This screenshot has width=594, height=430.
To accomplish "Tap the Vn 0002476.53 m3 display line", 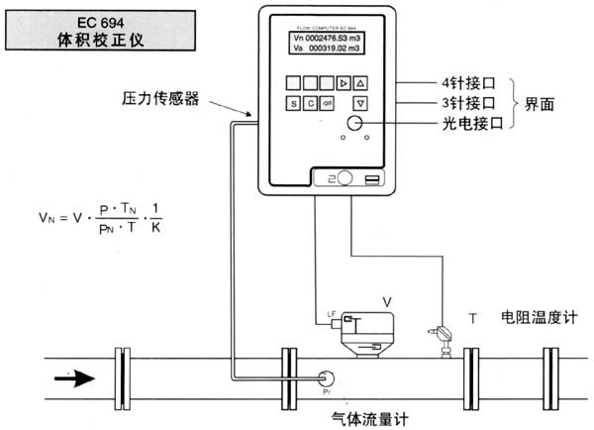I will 328,37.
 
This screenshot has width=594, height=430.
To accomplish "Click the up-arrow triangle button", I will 360,81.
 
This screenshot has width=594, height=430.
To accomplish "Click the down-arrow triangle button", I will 360,102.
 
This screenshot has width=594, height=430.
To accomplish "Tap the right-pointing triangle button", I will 343,81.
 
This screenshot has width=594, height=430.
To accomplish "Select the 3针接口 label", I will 463,102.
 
